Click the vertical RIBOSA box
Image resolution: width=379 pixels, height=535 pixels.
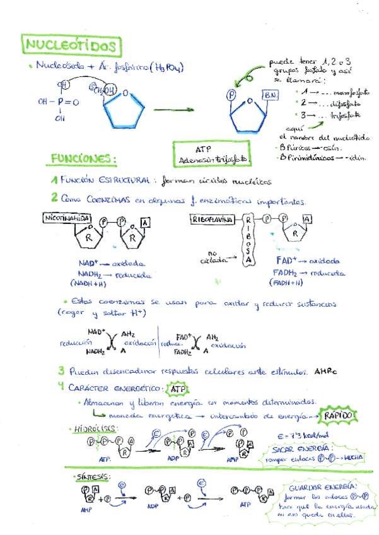[x=248, y=243]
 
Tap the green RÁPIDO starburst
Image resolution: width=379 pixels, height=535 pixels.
[x=337, y=416]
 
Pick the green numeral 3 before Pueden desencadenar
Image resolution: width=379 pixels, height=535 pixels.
[x=61, y=371]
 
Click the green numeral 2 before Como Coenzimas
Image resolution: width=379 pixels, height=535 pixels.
[x=55, y=199]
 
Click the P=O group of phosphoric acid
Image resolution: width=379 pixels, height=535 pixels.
[x=64, y=102]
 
